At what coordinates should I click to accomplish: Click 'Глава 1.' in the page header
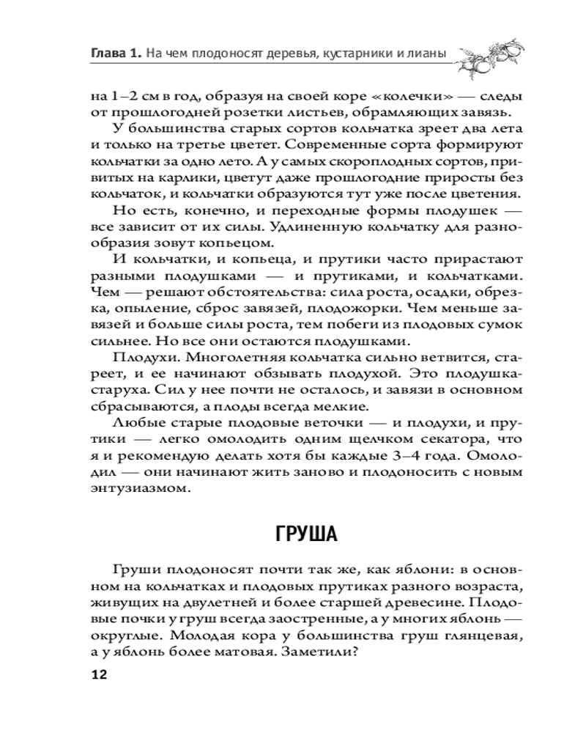(x=116, y=52)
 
